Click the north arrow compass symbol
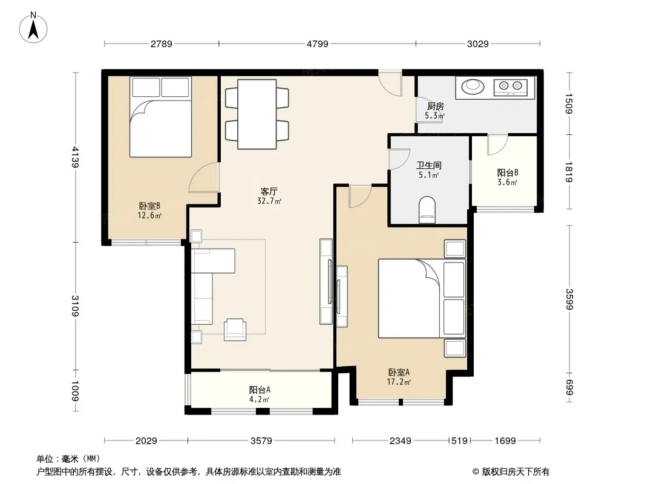tap(33, 28)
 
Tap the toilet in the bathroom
tap(427, 210)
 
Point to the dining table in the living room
tap(257, 114)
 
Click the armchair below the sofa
tap(235, 329)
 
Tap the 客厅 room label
tap(269, 192)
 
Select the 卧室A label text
tap(399, 373)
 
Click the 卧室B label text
tap(149, 206)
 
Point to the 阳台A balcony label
tap(260, 390)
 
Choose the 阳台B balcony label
tap(508, 173)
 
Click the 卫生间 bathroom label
tap(428, 166)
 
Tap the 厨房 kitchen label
tap(436, 106)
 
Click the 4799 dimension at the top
tap(318, 44)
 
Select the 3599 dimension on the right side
tap(569, 299)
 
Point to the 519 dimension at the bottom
tap(459, 441)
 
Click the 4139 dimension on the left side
tap(75, 157)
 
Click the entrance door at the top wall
tap(390, 83)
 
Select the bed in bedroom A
tap(422, 298)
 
